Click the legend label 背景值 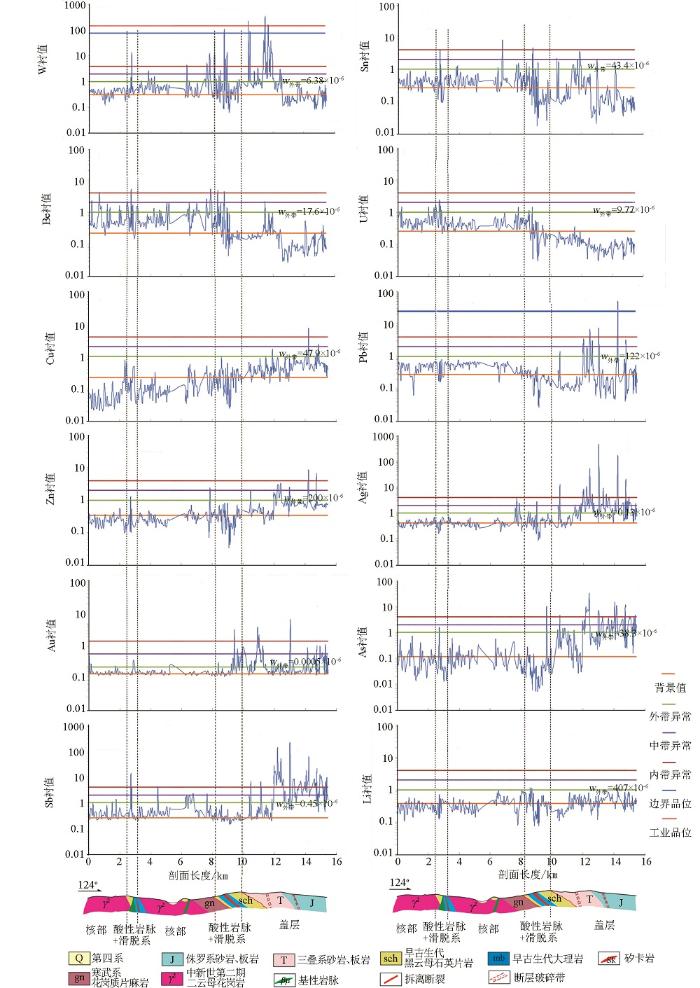[667, 687]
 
